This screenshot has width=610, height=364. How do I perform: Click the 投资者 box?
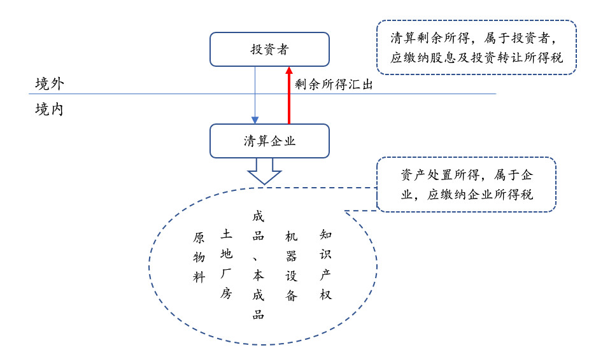pyautogui.click(x=269, y=50)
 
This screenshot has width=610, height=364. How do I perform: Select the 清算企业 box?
pyautogui.click(x=269, y=141)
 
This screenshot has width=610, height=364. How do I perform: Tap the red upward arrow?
pyautogui.click(x=288, y=95)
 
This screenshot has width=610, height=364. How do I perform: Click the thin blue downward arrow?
pyautogui.click(x=255, y=95)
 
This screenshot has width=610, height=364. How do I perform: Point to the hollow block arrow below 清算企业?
pyautogui.click(x=264, y=171)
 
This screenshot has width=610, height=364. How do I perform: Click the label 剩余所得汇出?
pyautogui.click(x=334, y=85)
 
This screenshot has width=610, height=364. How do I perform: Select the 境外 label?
pyautogui.click(x=50, y=83)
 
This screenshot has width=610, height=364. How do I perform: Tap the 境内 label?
pyautogui.click(x=49, y=109)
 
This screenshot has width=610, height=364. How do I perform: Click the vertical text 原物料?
pyautogui.click(x=199, y=258)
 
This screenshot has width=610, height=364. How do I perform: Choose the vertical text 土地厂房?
pyautogui.click(x=227, y=263)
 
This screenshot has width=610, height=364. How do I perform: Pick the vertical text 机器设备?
pyautogui.click(x=292, y=266)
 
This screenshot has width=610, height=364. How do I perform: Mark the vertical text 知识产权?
pyautogui.click(x=325, y=265)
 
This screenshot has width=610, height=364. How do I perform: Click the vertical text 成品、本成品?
pyautogui.click(x=259, y=265)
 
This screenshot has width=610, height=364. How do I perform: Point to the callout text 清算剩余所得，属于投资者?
pyautogui.click(x=474, y=38)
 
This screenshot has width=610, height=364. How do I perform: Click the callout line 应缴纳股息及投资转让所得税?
pyautogui.click(x=476, y=57)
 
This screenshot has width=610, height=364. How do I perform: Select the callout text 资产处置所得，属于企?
pyautogui.click(x=467, y=175)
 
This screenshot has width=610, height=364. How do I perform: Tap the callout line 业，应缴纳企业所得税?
pyautogui.click(x=467, y=195)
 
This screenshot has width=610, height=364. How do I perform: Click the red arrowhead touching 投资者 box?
pyautogui.click(x=288, y=71)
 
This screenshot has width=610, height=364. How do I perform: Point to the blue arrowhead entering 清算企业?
pyautogui.click(x=255, y=120)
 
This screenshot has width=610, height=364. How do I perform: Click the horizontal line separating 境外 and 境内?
pyautogui.click(x=262, y=94)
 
